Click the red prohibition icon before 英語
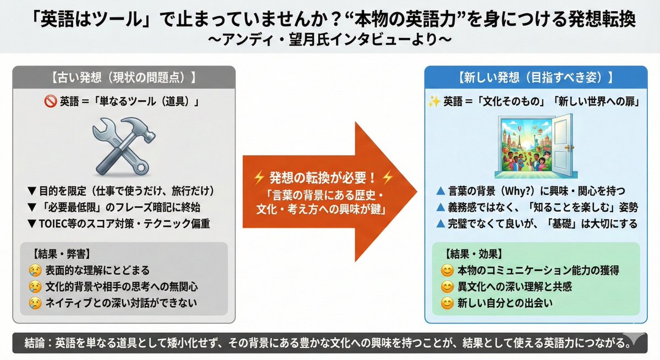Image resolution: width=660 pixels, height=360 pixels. pos(50,102)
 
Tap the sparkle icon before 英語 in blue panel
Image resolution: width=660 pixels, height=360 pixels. pos(435,102)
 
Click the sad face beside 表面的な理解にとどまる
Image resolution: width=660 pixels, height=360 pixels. pos(35,270)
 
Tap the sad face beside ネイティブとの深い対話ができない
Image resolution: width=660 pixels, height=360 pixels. pos(35,303)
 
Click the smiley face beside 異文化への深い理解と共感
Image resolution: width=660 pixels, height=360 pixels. pos(447,286)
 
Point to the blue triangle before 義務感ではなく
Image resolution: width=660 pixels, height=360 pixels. pos(439,208)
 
